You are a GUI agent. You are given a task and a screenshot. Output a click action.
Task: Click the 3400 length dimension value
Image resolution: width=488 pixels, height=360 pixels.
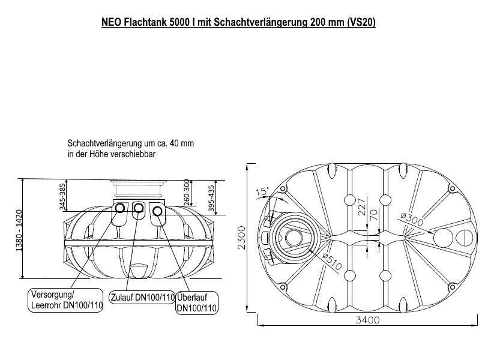tap(367, 320)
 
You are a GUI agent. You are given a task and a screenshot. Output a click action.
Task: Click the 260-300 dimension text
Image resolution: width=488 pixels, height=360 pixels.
tap(186, 190)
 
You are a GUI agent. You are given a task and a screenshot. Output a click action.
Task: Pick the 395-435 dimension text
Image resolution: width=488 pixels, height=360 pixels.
tap(211, 197)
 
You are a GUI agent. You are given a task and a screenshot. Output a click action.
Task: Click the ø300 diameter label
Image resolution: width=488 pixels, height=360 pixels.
tap(412, 220)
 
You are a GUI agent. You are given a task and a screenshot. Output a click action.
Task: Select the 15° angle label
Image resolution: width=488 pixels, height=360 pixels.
tap(262, 192)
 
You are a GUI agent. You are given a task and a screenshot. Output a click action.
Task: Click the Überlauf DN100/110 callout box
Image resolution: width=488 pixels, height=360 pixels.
tap(196, 303)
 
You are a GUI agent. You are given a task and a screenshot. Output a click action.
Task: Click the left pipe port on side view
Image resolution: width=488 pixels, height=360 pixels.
tap(120, 208)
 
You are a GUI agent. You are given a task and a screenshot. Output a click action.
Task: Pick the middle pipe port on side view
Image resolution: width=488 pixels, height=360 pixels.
tap(139, 208)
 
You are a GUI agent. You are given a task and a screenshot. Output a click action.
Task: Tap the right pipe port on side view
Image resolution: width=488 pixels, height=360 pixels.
tap(158, 211)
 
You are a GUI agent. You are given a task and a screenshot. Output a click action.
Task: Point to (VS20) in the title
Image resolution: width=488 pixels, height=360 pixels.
tap(360, 23)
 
